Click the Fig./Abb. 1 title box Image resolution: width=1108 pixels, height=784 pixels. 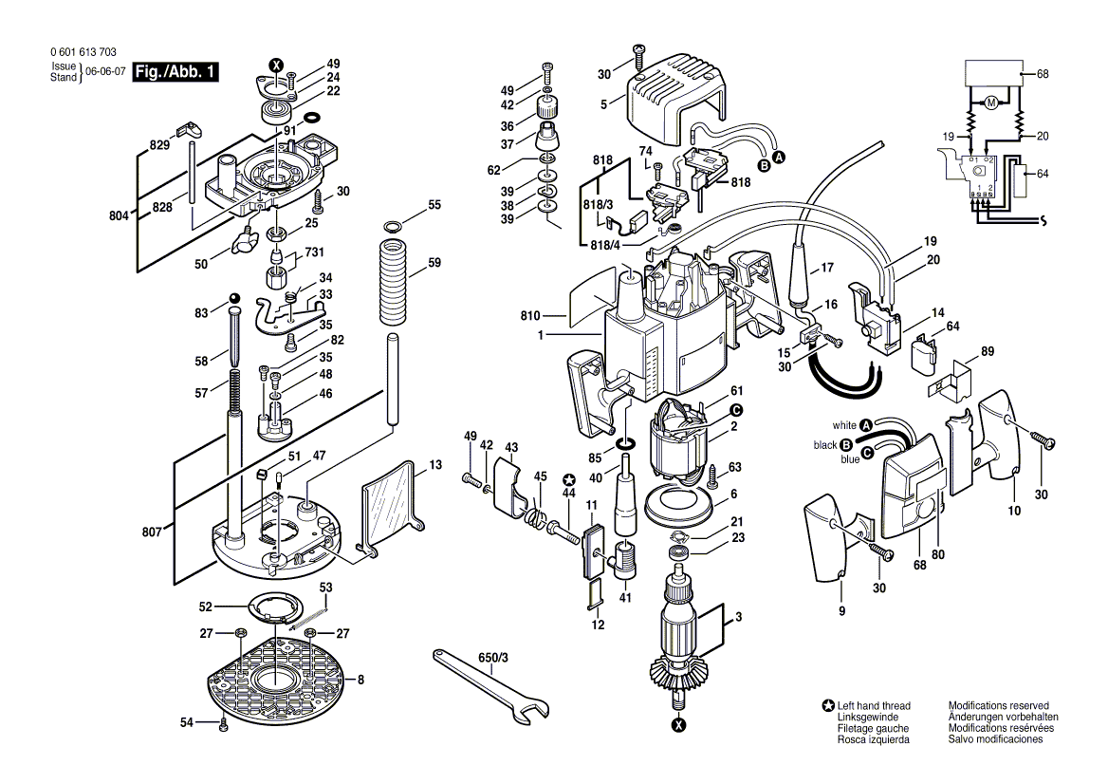click(x=175, y=71)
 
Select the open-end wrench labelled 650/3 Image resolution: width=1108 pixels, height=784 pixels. click(x=490, y=688)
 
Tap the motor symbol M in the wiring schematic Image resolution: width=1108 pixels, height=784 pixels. click(x=990, y=103)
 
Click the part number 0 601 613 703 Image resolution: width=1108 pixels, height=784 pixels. click(x=83, y=52)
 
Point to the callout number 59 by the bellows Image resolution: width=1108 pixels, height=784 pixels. click(x=434, y=263)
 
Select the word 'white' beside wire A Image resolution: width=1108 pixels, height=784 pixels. click(x=843, y=425)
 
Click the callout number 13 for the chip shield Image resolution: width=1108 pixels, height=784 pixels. click(x=435, y=464)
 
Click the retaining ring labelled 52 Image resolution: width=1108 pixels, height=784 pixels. click(x=275, y=607)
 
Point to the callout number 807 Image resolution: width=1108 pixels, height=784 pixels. click(x=152, y=532)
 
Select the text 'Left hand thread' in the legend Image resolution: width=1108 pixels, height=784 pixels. click(x=874, y=705)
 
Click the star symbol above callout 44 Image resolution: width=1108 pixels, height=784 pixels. click(x=568, y=478)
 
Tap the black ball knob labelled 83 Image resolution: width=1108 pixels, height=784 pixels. click(x=234, y=298)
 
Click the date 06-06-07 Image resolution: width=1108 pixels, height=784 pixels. click(x=105, y=71)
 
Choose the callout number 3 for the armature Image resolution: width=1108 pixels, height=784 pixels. click(x=738, y=617)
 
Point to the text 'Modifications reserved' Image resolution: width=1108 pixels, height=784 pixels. click(x=999, y=705)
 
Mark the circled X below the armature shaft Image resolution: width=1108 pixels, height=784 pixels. click(x=678, y=724)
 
